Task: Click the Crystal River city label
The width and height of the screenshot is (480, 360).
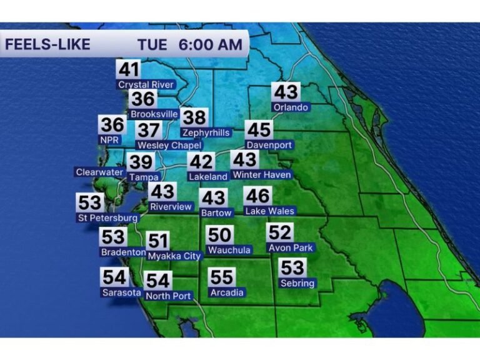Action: click(x=147, y=84)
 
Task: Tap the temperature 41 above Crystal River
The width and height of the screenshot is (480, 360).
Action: click(x=128, y=69)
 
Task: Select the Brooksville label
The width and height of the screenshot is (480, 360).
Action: click(x=154, y=114)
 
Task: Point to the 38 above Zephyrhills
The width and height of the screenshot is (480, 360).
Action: click(x=194, y=117)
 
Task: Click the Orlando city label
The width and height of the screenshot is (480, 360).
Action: click(x=291, y=107)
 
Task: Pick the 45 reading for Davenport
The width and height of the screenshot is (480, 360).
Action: click(x=258, y=130)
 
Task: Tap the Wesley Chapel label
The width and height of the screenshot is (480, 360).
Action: click(x=169, y=146)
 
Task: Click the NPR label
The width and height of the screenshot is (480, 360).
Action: click(x=110, y=140)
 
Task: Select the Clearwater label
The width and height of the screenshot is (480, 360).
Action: click(x=99, y=172)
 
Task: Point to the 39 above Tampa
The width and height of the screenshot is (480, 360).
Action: click(x=141, y=162)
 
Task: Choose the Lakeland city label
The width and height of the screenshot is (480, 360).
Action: click(x=208, y=177)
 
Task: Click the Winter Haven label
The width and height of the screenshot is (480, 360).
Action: click(x=262, y=175)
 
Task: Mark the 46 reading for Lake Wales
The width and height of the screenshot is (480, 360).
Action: click(x=257, y=196)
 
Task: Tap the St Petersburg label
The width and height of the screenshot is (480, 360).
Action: click(x=107, y=218)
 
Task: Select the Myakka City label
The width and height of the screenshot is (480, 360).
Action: click(x=175, y=256)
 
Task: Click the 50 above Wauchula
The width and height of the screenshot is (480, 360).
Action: click(x=220, y=235)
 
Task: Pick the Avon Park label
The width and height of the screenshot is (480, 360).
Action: click(x=291, y=247)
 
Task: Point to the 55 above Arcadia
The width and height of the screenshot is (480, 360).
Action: click(x=222, y=277)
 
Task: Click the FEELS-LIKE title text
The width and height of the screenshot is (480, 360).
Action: click(x=47, y=45)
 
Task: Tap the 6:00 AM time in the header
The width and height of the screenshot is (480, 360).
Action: click(x=210, y=45)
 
